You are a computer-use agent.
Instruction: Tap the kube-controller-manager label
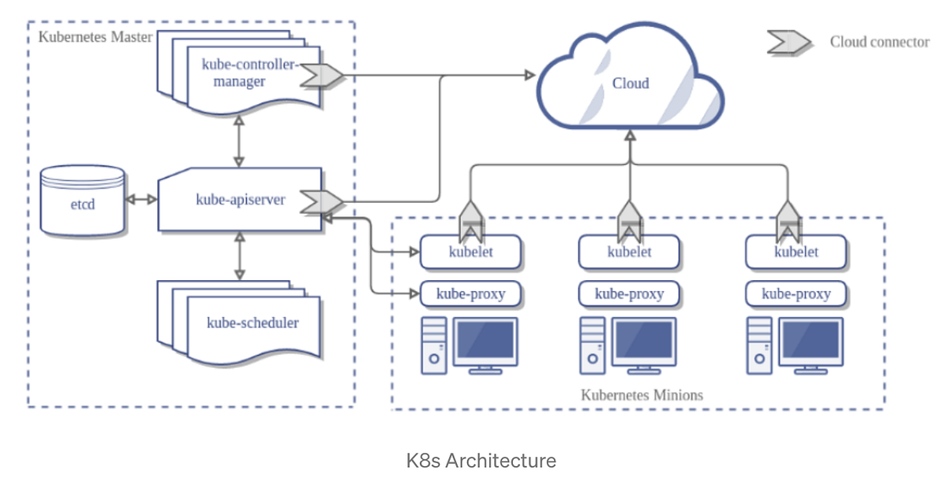pyautogui.click(x=238, y=73)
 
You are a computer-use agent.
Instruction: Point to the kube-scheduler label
pyautogui.click(x=253, y=322)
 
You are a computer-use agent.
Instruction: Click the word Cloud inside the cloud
pyautogui.click(x=631, y=83)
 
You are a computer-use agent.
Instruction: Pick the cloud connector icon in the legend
pyautogui.click(x=788, y=42)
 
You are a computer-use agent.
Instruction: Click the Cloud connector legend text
pyautogui.click(x=879, y=42)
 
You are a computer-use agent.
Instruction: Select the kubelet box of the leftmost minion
pyautogui.click(x=470, y=252)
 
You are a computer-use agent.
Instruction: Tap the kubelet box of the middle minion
pyautogui.click(x=629, y=252)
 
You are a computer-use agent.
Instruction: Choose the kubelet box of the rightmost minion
pyautogui.click(x=795, y=252)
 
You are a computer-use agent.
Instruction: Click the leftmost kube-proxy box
pyautogui.click(x=470, y=294)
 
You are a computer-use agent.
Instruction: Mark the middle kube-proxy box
pyautogui.click(x=629, y=294)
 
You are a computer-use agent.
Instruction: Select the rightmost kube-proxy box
pyautogui.click(x=795, y=294)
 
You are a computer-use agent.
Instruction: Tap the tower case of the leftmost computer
pyautogui.click(x=433, y=346)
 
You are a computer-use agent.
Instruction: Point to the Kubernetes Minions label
pyautogui.click(x=641, y=394)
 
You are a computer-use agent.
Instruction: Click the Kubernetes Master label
pyautogui.click(x=95, y=37)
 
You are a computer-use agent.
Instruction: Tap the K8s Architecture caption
pyautogui.click(x=481, y=461)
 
